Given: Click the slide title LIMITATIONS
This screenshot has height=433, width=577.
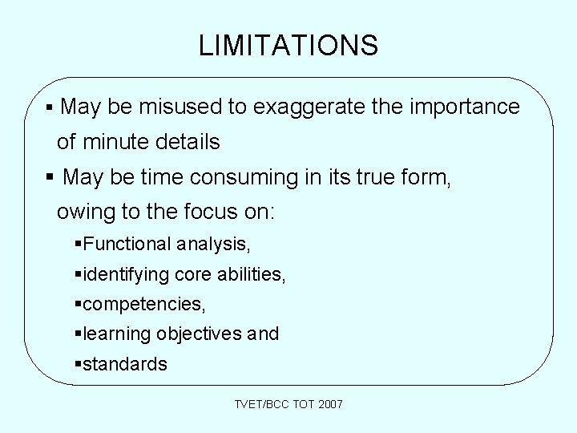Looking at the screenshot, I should click(x=288, y=46).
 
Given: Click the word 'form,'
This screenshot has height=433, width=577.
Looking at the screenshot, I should click(x=427, y=176).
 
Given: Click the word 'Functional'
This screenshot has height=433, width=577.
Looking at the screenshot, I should click(x=127, y=244).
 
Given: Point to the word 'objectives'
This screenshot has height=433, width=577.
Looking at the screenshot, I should click(x=200, y=334).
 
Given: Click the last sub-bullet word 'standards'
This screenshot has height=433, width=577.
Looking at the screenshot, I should click(x=125, y=365).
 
